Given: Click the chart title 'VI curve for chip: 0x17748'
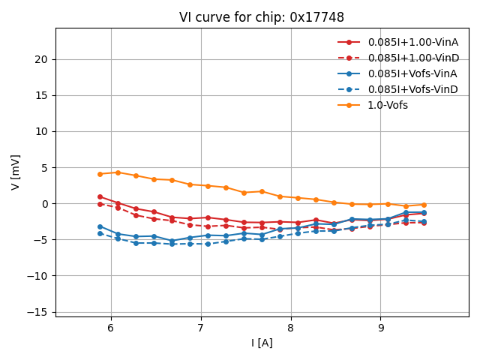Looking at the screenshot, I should (x=261, y=17).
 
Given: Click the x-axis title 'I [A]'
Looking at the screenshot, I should (x=262, y=343).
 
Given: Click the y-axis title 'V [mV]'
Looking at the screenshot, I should (x=16, y=172).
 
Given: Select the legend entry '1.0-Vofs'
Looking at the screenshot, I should (x=388, y=105).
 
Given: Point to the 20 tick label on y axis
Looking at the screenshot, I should (x=42, y=59).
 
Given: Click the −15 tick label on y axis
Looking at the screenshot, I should (x=37, y=312).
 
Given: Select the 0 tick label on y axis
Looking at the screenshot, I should (x=45, y=204).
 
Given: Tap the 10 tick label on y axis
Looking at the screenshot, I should (x=42, y=131).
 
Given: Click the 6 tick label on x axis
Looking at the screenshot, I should (x=110, y=328).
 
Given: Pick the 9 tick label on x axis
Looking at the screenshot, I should (x=381, y=328).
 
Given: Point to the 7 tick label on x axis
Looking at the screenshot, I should (x=200, y=328).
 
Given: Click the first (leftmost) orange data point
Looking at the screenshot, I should (x=100, y=174).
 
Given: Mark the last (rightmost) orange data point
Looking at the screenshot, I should (x=424, y=205).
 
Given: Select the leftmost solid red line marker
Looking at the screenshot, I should (x=100, y=196).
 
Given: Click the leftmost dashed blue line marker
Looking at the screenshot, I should (x=100, y=233).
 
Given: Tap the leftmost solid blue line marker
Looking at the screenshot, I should (x=100, y=226).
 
